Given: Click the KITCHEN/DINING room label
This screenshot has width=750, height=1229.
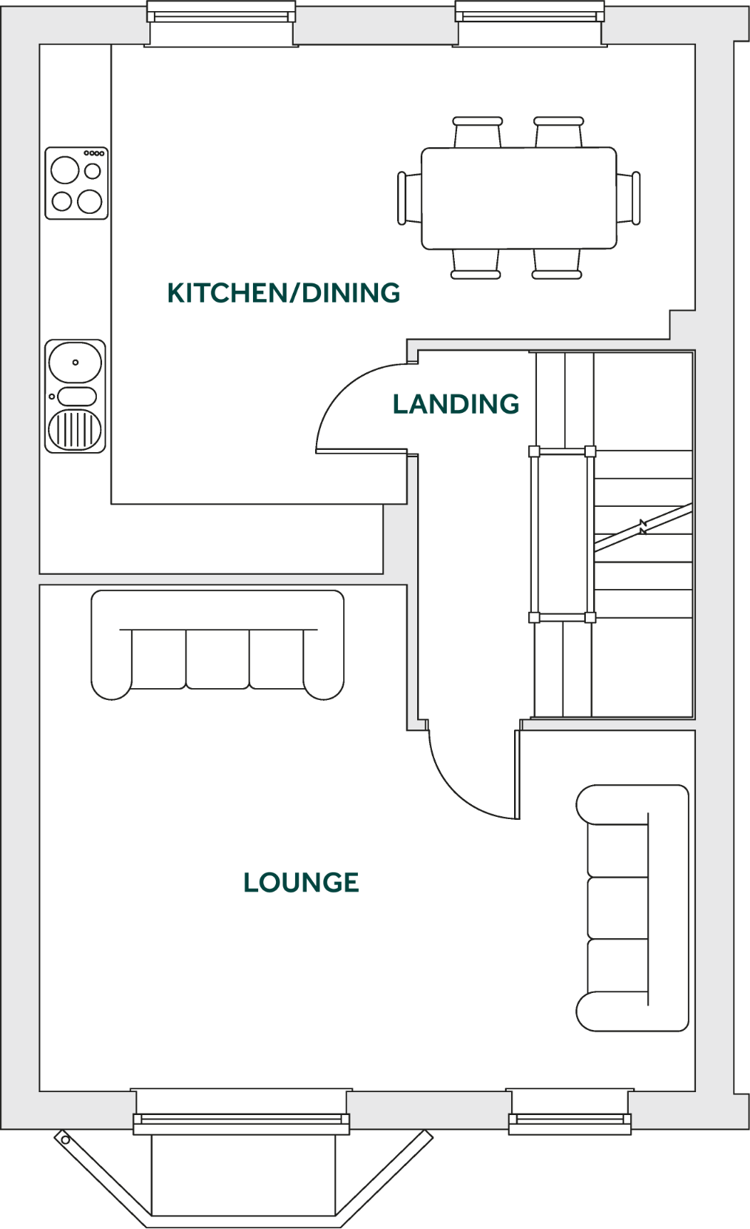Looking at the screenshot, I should [x=283, y=293].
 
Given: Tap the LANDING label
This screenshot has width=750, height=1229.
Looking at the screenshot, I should [x=456, y=404].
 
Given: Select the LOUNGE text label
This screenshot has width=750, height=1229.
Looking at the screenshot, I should [x=301, y=882].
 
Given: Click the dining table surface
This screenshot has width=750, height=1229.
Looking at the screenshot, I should [x=518, y=198].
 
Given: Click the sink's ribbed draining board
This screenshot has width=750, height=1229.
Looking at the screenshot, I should [x=75, y=429].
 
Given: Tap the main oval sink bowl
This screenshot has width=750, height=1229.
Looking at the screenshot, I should [x=75, y=363].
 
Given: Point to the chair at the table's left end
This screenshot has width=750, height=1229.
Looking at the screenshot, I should [x=409, y=198].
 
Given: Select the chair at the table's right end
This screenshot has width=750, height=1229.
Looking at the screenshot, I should [x=629, y=198].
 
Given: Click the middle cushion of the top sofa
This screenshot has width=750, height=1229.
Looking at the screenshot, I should [x=217, y=659].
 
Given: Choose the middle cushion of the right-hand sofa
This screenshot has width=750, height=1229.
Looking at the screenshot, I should [x=618, y=908].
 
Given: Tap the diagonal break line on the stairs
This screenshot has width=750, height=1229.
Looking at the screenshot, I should [x=643, y=528].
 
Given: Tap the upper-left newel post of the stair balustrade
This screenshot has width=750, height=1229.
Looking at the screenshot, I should [x=534, y=451].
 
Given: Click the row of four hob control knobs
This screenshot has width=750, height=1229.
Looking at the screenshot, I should [x=94, y=153].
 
